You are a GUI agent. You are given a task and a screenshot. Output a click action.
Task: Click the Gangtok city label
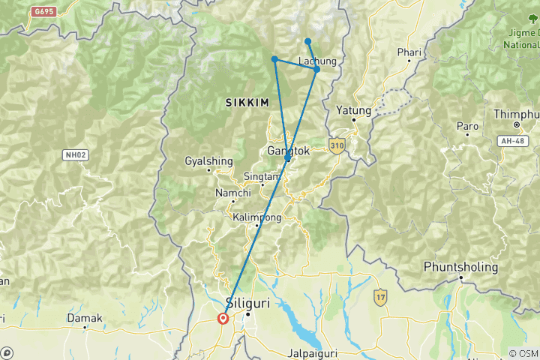(x=289, y=151)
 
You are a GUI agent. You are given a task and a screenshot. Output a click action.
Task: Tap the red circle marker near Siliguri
(x=223, y=318)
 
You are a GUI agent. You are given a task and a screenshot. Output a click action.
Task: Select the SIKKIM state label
(x=247, y=103)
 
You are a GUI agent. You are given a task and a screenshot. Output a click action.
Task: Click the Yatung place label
(x=354, y=109)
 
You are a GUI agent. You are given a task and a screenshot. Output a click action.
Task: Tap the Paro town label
(x=467, y=126)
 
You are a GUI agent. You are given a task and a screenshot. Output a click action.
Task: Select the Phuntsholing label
(x=460, y=267)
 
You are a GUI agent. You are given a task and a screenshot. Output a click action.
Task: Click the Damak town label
(x=85, y=318)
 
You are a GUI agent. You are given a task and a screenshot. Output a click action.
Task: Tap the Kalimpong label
(x=256, y=217)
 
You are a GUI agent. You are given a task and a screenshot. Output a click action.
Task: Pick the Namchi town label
(x=232, y=193)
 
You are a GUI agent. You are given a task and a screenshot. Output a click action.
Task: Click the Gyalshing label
(x=203, y=161)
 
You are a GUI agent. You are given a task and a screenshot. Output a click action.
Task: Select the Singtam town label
(x=262, y=176)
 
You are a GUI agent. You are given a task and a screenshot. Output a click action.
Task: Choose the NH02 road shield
(x=73, y=154)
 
